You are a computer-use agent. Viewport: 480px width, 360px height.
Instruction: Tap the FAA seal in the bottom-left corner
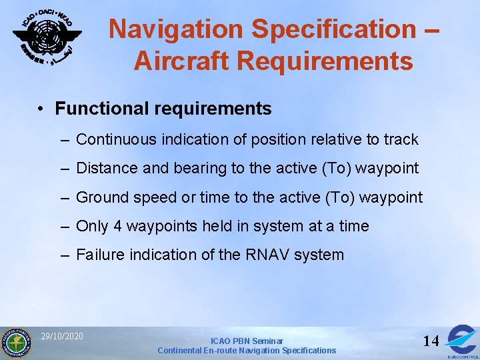click(x=15, y=343)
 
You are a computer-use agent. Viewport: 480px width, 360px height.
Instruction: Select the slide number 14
click(x=431, y=341)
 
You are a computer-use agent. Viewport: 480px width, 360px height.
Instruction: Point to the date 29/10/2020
click(x=62, y=336)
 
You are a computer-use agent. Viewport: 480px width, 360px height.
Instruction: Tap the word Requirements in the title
click(x=325, y=61)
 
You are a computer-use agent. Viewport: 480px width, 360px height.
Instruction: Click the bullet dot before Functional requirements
click(x=41, y=109)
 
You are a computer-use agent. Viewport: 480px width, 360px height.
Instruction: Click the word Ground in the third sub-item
click(x=101, y=197)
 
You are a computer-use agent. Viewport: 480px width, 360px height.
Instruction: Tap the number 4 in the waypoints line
click(x=117, y=226)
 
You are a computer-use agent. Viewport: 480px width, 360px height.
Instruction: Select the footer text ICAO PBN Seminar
click(x=247, y=341)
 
